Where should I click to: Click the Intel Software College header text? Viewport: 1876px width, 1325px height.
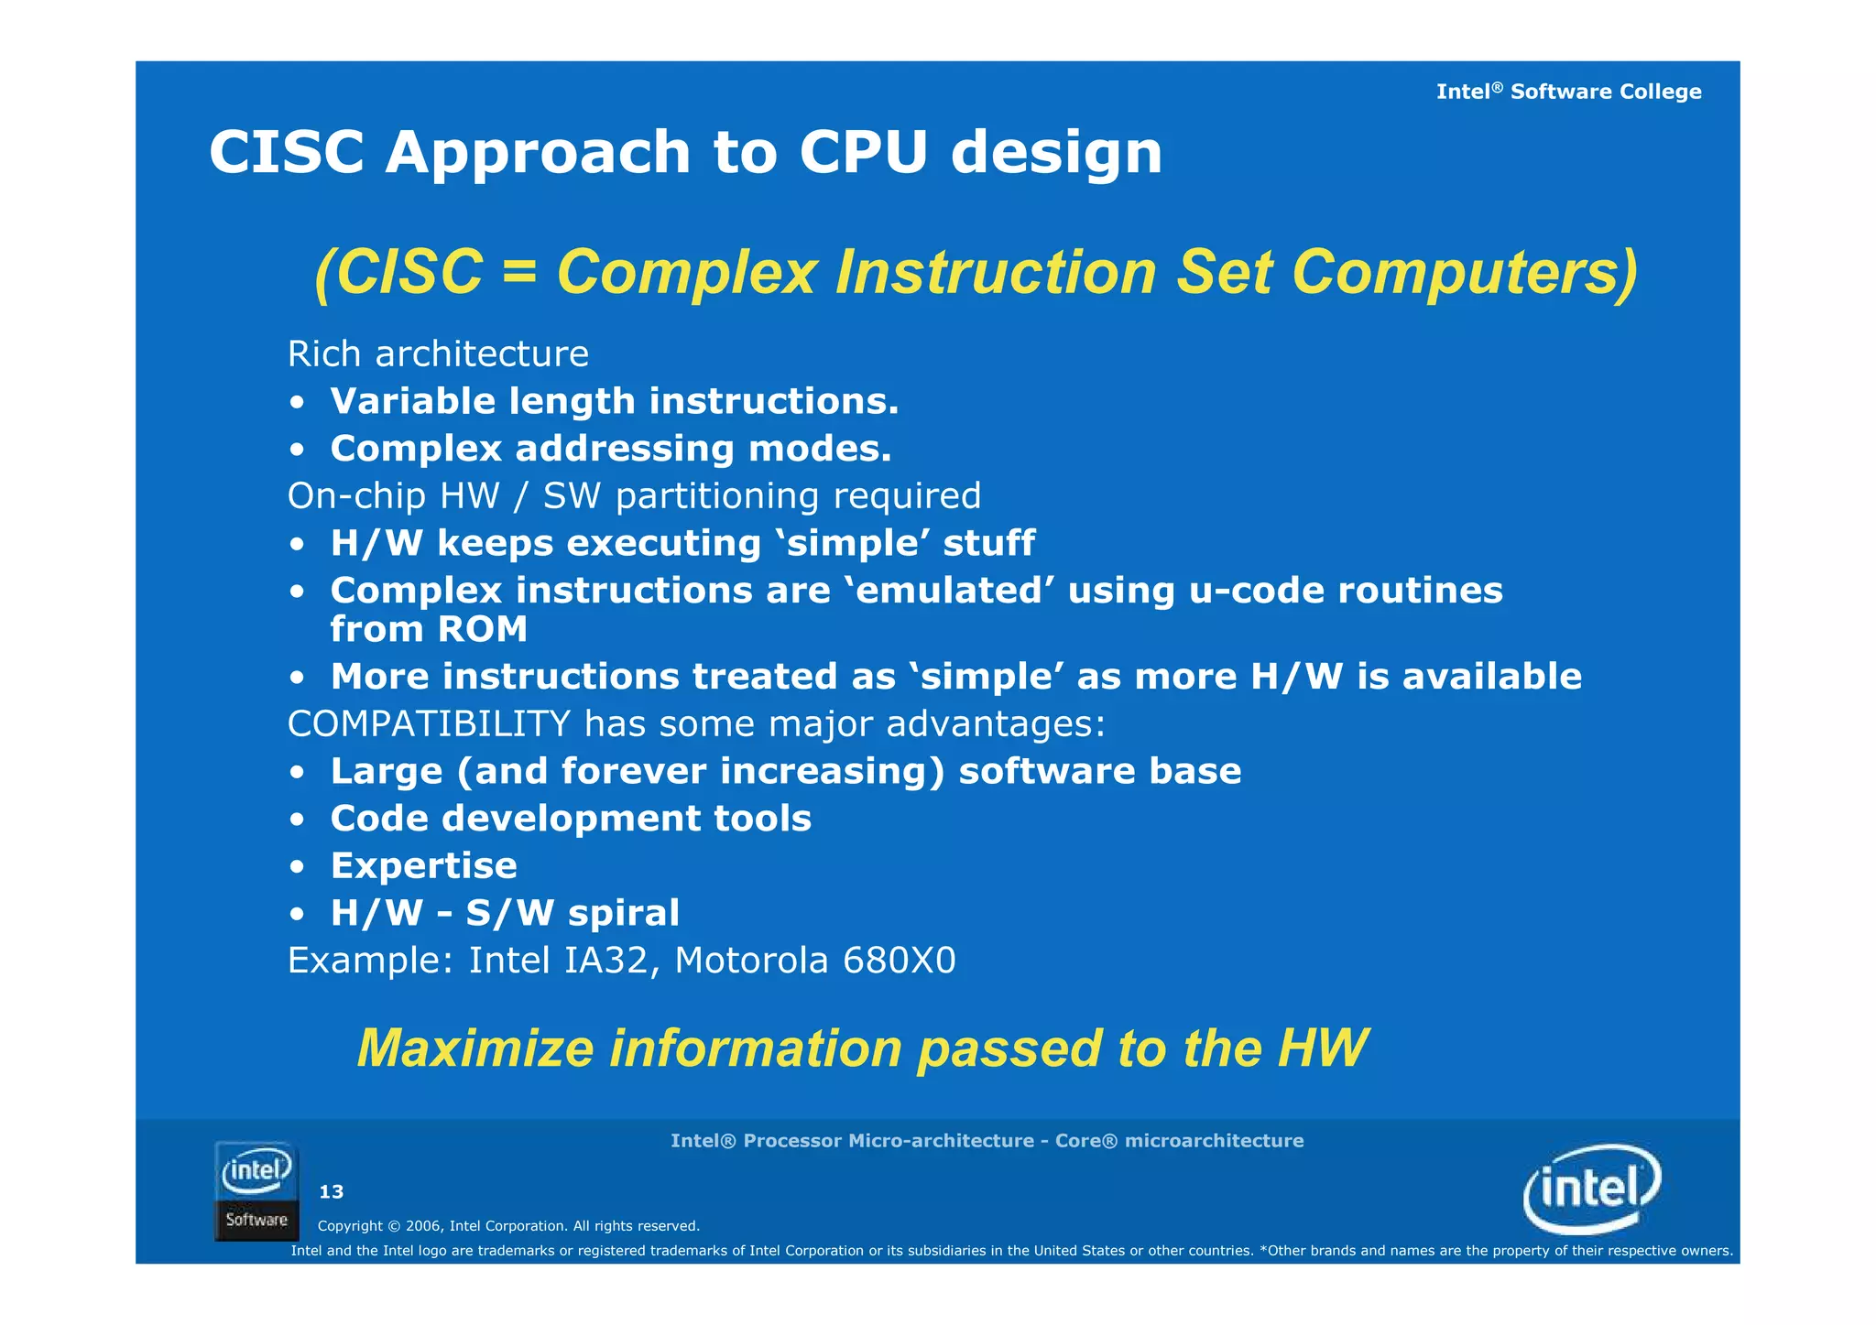[x=1568, y=92]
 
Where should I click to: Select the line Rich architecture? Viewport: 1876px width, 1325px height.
[x=438, y=354]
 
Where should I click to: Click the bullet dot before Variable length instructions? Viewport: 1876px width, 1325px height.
[x=297, y=403]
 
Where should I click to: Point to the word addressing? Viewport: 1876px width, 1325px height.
[x=624, y=449]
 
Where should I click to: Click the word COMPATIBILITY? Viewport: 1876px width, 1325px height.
[x=429, y=724]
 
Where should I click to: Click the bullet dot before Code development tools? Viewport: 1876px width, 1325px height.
[x=297, y=820]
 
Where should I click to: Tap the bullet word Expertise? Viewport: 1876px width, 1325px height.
[x=423, y=866]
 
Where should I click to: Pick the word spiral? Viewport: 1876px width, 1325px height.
[x=624, y=914]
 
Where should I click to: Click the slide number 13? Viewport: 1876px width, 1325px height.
[x=331, y=1191]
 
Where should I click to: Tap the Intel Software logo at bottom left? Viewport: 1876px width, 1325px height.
[x=256, y=1190]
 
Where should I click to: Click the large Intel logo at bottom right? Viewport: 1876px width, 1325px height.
[x=1591, y=1189]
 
